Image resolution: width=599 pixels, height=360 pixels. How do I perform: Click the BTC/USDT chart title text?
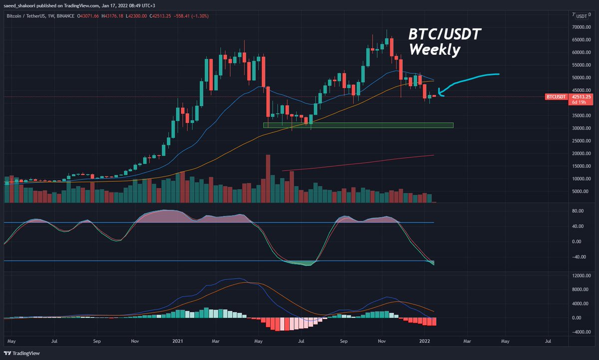click(438, 34)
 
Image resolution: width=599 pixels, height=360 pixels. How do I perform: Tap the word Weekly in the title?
click(434, 50)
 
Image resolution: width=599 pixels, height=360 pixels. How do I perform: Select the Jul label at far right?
click(548, 343)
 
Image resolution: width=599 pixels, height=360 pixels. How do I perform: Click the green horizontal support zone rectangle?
click(358, 125)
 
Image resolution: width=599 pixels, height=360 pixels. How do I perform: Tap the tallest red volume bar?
click(268, 178)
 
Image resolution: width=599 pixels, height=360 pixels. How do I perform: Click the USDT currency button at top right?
click(581, 15)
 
